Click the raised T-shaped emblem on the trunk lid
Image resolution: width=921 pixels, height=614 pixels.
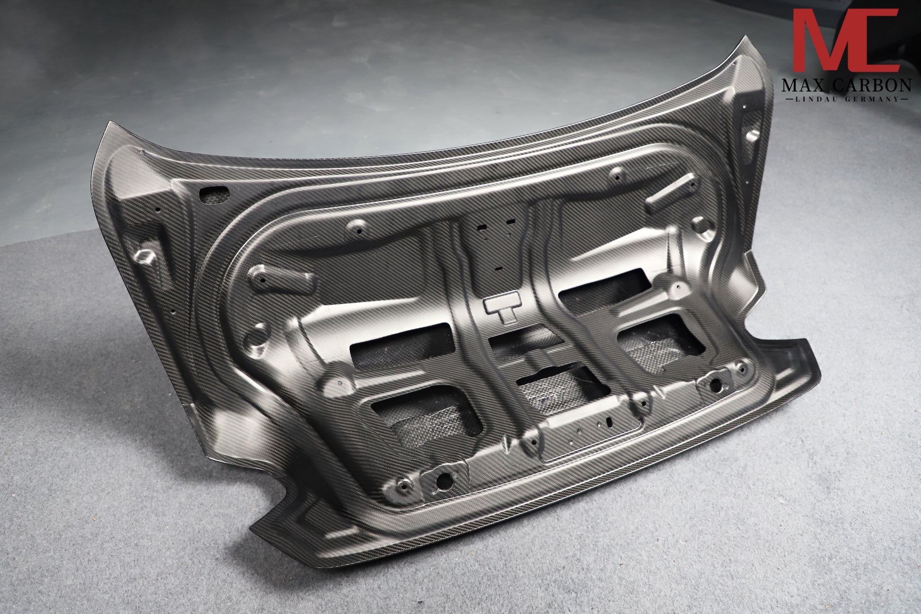pos(503,309)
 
